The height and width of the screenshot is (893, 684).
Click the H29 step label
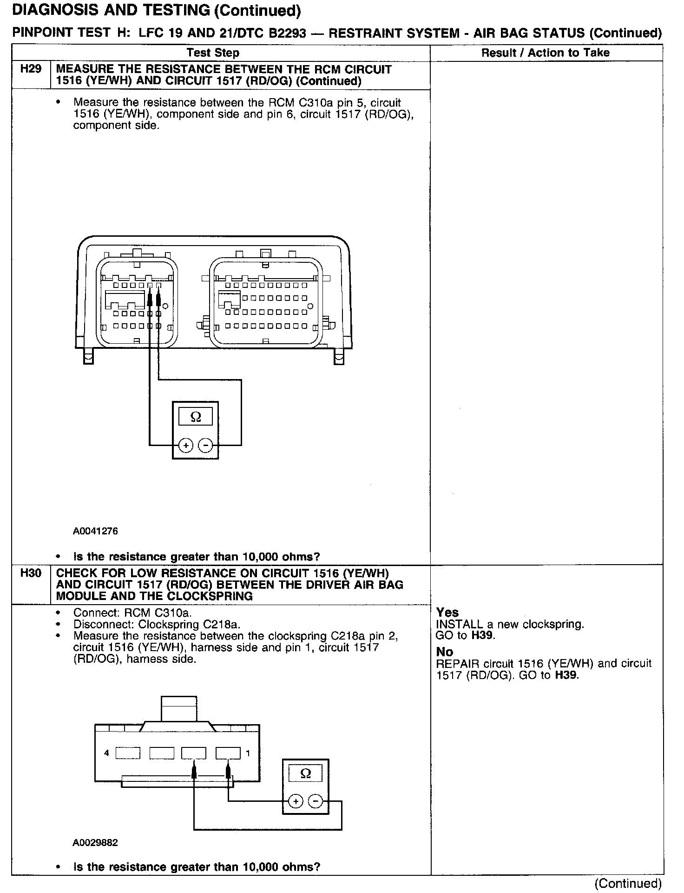point(31,69)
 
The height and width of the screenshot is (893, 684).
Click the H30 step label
point(31,573)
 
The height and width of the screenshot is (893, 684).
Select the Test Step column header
point(213,53)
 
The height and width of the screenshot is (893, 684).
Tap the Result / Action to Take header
point(545,53)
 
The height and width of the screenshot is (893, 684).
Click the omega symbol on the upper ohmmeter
point(196,417)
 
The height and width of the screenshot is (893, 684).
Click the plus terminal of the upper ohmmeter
point(186,446)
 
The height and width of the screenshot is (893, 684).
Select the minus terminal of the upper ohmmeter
point(205,446)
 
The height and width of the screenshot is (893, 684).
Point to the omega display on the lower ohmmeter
point(305,773)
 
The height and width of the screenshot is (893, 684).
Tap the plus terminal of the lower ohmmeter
point(296,801)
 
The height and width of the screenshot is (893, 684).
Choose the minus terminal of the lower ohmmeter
point(316,801)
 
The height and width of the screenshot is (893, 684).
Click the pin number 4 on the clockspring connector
point(106,753)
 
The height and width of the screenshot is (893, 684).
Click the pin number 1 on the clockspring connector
point(248,753)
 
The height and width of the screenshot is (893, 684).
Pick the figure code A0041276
point(95,531)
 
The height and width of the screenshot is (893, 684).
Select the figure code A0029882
point(95,843)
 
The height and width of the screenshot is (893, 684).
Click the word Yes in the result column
point(447,613)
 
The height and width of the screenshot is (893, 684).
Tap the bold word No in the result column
point(444,652)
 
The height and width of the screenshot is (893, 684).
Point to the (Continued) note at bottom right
point(627,883)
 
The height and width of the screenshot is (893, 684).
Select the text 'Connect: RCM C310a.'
point(132,613)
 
